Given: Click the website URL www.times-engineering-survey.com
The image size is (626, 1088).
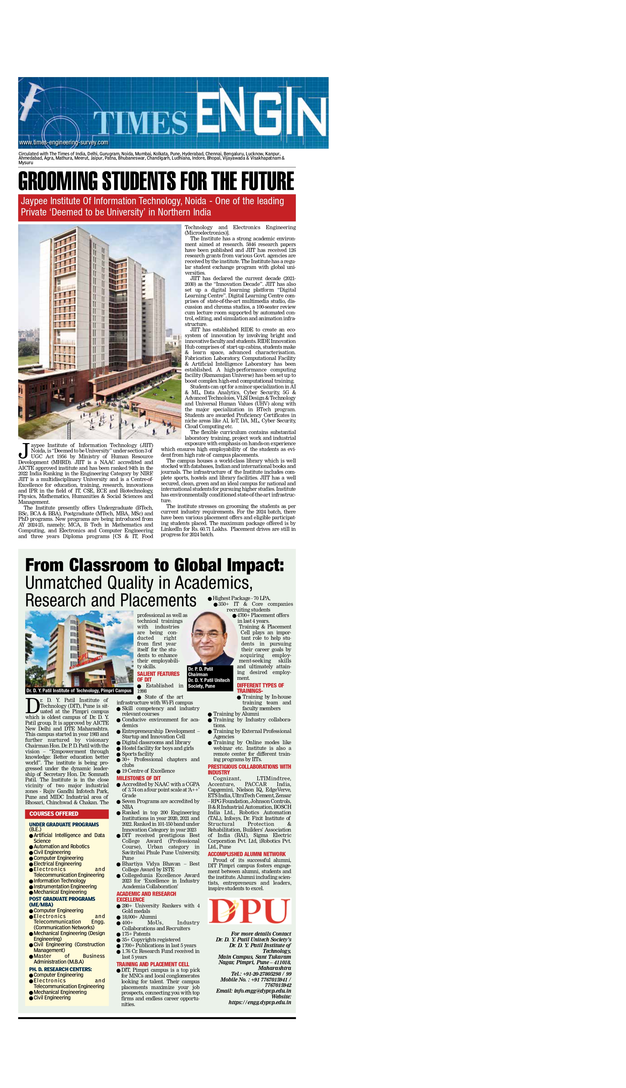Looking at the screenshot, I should point(64,142).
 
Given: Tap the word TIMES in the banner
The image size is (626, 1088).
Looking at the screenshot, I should point(140,123).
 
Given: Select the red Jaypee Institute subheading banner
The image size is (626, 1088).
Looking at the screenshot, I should point(157,207).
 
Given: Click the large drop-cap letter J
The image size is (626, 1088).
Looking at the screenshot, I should point(24,450).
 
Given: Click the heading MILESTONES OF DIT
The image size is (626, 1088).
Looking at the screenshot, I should point(138,778).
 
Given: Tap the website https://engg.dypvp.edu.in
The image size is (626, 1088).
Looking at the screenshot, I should point(260,1002).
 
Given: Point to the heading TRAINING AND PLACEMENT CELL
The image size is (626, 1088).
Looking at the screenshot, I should point(153,964).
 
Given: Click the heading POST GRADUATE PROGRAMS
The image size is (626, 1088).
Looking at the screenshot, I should point(62,899).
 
